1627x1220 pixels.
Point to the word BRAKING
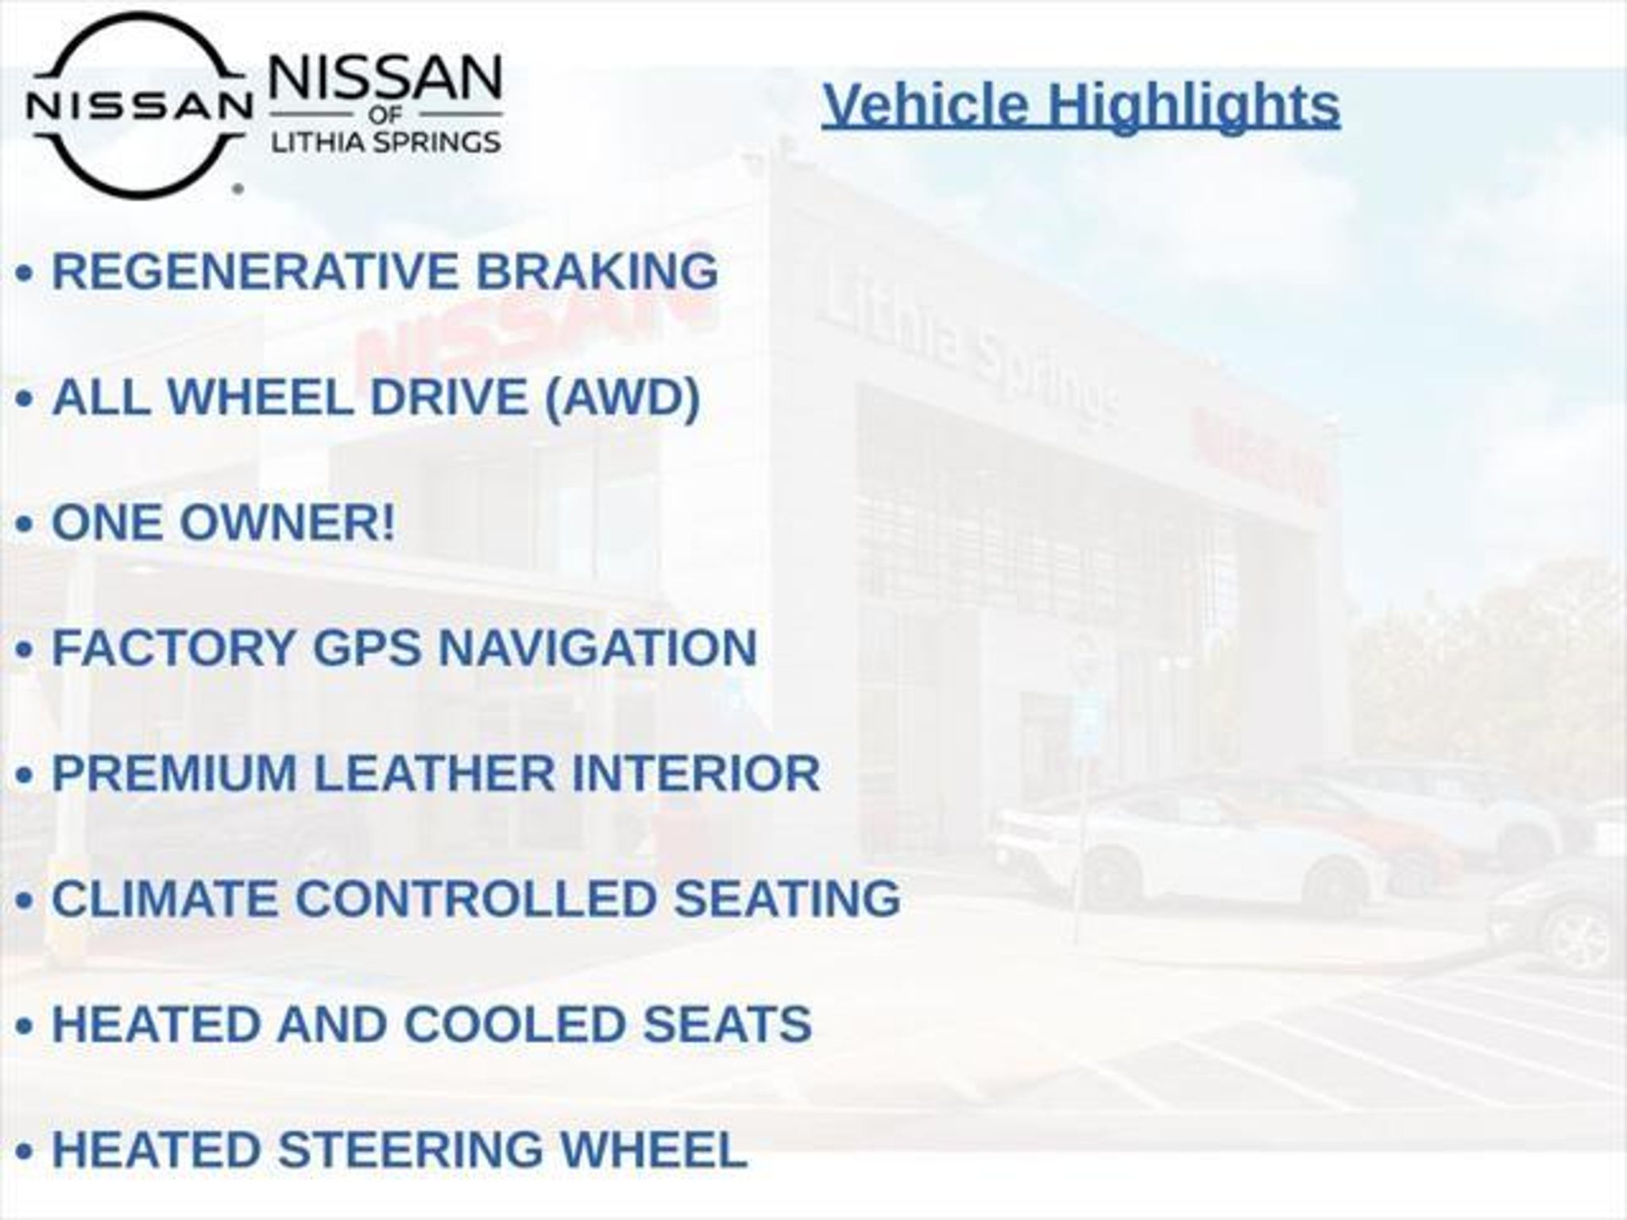pyautogui.click(x=597, y=271)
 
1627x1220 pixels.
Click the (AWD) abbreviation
pyautogui.click(x=622, y=397)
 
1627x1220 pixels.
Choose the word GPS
pyautogui.click(x=366, y=647)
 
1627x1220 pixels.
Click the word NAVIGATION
pyautogui.click(x=597, y=647)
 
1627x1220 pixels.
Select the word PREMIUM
pyautogui.click(x=175, y=773)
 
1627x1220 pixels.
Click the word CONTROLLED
pyautogui.click(x=475, y=898)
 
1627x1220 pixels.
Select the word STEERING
pyautogui.click(x=411, y=1149)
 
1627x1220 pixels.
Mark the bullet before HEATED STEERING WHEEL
pyautogui.click(x=25, y=1152)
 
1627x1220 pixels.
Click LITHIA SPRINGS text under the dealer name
pyautogui.click(x=386, y=143)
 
